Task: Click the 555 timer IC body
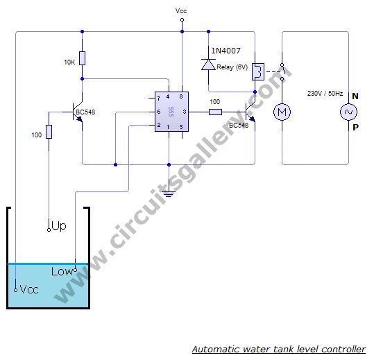[171, 112]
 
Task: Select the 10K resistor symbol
[83, 58]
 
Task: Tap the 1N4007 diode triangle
[208, 65]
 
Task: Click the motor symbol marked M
[282, 112]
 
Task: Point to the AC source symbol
[349, 112]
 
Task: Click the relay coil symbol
[258, 71]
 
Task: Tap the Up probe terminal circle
[49, 230]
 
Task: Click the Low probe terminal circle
[76, 270]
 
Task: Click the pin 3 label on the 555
[185, 112]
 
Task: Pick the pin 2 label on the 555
[159, 125]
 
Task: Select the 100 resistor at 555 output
[215, 112]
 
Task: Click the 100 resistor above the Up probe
[49, 132]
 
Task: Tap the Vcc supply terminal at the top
[182, 20]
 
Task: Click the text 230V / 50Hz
[325, 93]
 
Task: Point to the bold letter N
[355, 96]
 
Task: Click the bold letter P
[355, 128]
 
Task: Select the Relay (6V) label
[232, 67]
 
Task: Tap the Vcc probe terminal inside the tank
[15, 290]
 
